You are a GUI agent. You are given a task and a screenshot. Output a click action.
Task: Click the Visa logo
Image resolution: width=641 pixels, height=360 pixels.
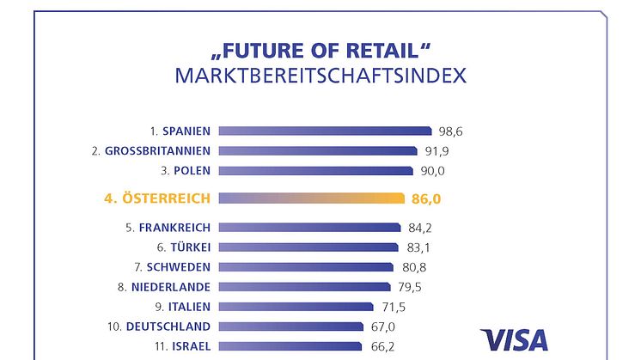(513, 339)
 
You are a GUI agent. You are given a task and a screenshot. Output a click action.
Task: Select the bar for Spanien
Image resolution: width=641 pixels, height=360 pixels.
(325, 131)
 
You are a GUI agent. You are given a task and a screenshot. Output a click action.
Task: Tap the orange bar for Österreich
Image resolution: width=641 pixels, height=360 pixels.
(311, 198)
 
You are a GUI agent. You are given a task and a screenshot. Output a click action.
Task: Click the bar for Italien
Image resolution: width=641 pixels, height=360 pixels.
(296, 307)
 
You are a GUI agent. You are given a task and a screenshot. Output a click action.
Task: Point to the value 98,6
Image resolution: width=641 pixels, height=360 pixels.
(456, 131)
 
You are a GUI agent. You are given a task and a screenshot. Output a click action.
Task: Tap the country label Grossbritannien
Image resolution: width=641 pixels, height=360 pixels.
(157, 151)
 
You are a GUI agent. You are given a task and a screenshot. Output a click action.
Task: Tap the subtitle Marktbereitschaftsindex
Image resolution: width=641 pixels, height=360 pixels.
(320, 76)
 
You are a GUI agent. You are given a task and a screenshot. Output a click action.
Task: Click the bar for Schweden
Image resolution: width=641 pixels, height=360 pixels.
(306, 267)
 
